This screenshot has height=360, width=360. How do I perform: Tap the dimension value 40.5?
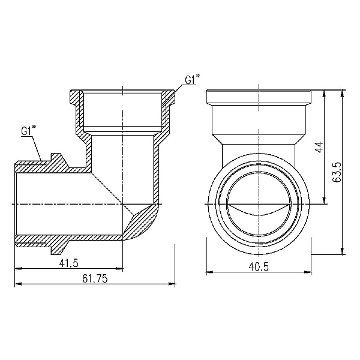(x=259, y=263)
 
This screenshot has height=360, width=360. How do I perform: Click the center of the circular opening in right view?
(x=259, y=203)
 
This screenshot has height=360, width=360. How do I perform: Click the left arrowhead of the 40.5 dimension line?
(x=208, y=271)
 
